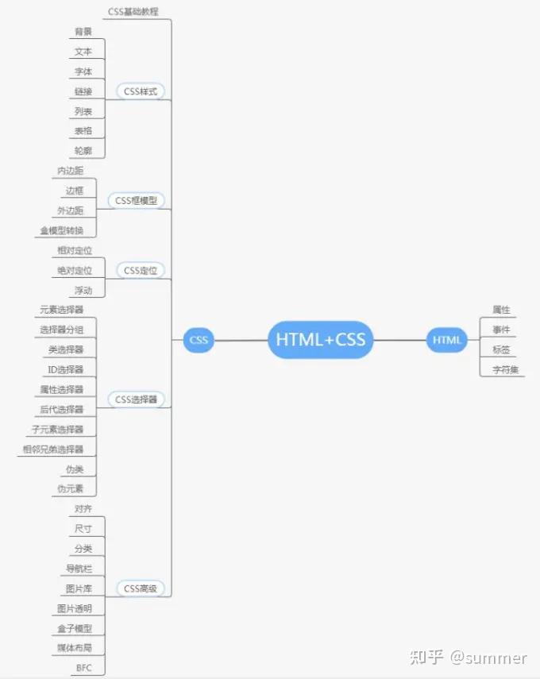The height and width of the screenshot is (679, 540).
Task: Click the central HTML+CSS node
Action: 321,340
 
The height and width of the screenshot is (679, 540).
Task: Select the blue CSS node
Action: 199,340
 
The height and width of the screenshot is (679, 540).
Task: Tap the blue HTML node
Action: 447,340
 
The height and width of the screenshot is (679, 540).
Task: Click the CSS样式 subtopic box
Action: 141,91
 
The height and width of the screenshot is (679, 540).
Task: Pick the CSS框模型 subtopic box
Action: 136,201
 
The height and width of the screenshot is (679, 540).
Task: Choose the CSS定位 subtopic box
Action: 141,271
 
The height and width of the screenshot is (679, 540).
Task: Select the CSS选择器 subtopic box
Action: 136,399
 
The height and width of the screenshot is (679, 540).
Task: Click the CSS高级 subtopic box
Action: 141,588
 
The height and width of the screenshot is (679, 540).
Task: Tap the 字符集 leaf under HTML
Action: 502,369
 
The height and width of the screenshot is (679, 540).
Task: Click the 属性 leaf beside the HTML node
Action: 501,310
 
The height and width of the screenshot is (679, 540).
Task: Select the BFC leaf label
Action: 83,668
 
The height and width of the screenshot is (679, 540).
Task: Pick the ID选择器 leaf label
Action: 66,369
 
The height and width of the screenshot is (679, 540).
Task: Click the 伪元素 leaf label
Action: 69,488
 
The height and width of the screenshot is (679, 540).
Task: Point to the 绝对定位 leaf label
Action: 68,271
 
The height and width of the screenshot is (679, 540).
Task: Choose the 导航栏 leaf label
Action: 79,569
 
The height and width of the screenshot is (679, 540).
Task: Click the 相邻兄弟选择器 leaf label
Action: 53,449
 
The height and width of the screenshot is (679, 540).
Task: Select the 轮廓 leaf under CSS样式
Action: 83,151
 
